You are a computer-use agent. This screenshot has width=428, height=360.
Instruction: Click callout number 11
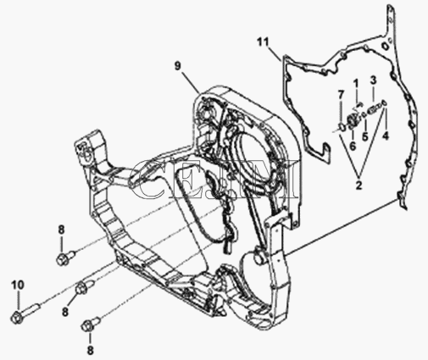click(263, 42)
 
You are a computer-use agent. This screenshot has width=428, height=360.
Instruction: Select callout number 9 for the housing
click(177, 66)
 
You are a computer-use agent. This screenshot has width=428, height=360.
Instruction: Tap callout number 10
click(18, 285)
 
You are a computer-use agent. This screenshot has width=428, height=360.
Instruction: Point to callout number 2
click(359, 186)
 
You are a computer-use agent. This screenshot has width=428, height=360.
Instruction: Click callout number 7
click(341, 94)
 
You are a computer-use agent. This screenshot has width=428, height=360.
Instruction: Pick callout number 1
click(356, 84)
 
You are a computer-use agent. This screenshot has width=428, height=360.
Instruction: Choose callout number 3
click(373, 80)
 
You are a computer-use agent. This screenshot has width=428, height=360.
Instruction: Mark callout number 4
click(386, 136)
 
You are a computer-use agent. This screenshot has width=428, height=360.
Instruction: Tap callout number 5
click(365, 137)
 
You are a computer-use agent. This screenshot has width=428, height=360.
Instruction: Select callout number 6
click(353, 147)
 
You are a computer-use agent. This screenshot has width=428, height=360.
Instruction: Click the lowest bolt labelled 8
click(90, 324)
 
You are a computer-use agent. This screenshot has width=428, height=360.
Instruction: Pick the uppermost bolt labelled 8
click(65, 257)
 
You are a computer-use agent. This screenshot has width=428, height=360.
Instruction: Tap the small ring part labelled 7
click(342, 127)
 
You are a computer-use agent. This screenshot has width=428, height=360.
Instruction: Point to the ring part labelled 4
click(385, 103)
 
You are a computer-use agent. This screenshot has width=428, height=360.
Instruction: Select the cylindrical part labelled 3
click(373, 108)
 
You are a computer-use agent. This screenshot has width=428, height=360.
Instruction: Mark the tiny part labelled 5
click(364, 114)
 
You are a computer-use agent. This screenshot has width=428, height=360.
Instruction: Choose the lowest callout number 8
click(90, 351)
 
